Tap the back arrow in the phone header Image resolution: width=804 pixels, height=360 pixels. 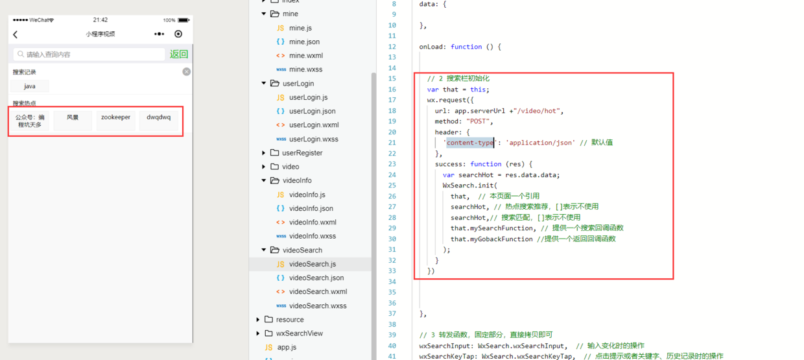pos(16,34)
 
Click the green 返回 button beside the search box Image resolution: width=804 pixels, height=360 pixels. pos(179,54)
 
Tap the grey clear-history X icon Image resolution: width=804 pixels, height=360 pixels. pos(186,72)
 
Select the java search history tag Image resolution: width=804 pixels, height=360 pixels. pos(30,86)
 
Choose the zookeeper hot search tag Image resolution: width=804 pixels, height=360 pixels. pos(115,117)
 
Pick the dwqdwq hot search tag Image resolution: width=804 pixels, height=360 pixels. pos(159,117)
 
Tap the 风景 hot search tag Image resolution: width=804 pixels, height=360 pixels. pos(73,117)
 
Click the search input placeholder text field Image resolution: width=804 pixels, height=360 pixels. pos(89,54)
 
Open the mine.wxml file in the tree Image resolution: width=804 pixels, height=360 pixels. pos(306,55)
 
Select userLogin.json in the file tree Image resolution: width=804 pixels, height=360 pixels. pos(313,111)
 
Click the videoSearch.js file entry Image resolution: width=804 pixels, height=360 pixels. pos(313,264)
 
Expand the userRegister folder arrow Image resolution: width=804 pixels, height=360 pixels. pos(263,153)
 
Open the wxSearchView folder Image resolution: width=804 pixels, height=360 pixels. pos(300,333)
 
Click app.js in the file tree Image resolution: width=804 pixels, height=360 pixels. pos(287,347)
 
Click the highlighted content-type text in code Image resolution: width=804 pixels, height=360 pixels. pos(470,143)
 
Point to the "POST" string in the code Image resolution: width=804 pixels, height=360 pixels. pos(478,121)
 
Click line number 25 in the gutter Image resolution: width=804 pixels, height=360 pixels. pos(392,186)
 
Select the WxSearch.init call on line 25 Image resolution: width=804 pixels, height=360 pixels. pos(470,186)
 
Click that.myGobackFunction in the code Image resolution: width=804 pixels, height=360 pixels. pos(491,239)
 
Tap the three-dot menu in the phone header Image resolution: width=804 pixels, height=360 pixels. pos(159,34)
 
